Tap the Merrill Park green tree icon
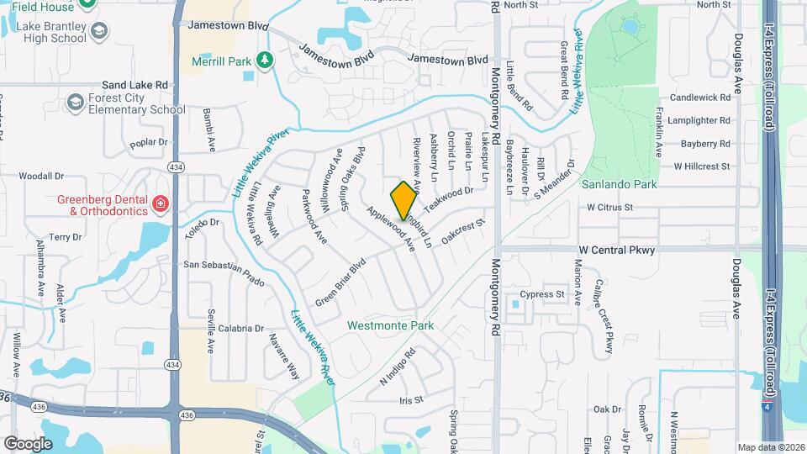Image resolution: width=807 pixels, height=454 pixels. [x=265, y=60]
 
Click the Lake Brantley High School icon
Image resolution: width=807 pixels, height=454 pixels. [x=99, y=32]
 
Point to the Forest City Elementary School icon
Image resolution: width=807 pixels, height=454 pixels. [x=76, y=103]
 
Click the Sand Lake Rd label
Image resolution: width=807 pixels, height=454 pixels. [x=134, y=85]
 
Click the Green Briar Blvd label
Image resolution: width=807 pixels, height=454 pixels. [x=342, y=282]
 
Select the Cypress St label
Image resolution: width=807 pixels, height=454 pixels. [x=541, y=294]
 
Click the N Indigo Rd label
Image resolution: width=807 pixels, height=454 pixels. [x=398, y=367]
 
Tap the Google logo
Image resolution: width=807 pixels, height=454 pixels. [x=28, y=443]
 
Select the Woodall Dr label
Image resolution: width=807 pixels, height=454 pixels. [x=42, y=177]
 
